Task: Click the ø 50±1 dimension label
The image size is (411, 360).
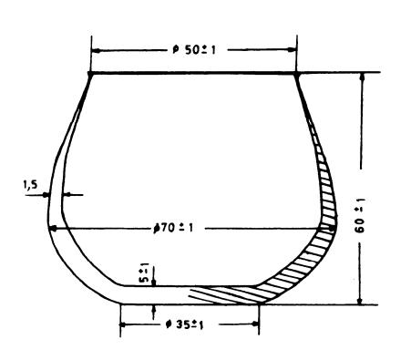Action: tap(194, 50)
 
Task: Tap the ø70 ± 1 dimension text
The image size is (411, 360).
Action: tap(173, 228)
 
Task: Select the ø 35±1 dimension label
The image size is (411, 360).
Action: tap(185, 324)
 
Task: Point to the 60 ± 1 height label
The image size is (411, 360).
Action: tap(360, 215)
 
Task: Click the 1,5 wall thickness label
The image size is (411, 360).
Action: tap(30, 184)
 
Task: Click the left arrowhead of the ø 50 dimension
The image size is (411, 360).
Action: tap(96, 50)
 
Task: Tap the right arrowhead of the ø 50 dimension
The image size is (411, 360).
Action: tap(292, 50)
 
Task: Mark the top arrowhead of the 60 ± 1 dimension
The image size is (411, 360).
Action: tap(362, 77)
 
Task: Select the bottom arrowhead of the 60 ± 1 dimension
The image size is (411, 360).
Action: tap(360, 300)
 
